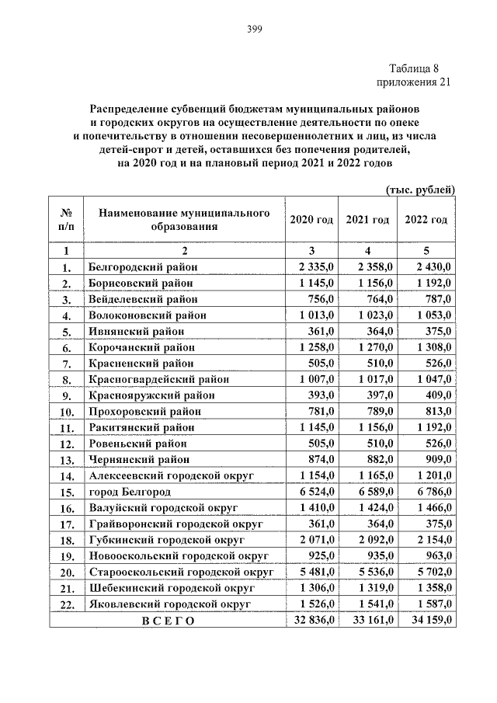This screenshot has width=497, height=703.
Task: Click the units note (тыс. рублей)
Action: (420, 189)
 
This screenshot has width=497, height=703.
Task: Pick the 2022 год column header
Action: (426, 220)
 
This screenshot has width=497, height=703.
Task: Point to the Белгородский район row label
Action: (143, 266)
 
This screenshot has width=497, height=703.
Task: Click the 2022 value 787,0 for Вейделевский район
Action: (437, 299)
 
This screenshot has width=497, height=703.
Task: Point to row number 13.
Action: (67, 460)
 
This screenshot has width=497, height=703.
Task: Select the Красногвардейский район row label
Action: (158, 379)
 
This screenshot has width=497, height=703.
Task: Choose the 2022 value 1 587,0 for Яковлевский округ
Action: (433, 604)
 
